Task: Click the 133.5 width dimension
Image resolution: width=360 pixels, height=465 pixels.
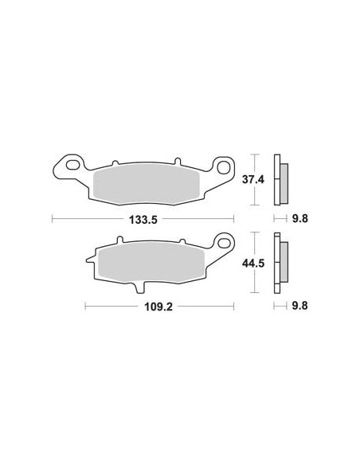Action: [143, 217]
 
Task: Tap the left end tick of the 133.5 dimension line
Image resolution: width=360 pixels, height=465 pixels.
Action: [53, 217]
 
